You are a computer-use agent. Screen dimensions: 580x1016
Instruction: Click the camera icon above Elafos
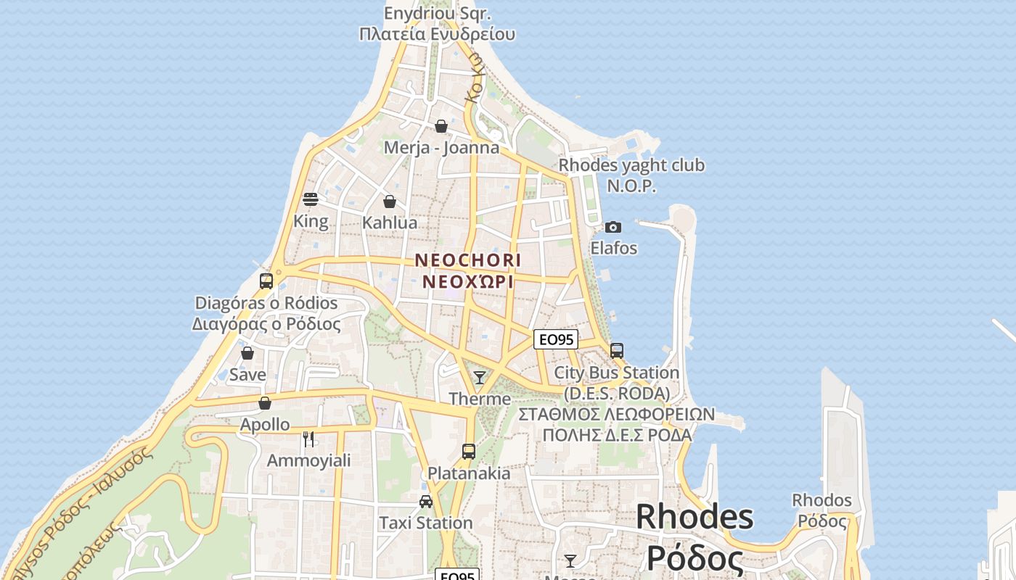(x=613, y=228)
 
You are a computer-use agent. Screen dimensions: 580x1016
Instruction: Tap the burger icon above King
(x=311, y=199)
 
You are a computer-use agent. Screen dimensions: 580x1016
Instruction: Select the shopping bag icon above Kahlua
(x=390, y=202)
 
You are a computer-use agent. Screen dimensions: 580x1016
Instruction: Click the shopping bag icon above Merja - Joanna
(x=441, y=127)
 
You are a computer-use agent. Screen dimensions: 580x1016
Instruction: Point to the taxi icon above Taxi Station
(x=426, y=502)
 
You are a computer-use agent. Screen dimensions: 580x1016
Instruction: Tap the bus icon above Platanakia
(x=469, y=452)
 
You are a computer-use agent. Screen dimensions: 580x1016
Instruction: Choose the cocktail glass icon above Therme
(x=479, y=377)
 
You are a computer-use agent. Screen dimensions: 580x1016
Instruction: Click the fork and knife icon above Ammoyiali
(x=308, y=439)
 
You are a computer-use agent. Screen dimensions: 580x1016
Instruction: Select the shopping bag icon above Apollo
(x=265, y=403)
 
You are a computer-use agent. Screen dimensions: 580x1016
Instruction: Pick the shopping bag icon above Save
(x=247, y=353)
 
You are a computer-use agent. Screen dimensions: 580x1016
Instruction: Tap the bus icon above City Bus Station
(x=617, y=351)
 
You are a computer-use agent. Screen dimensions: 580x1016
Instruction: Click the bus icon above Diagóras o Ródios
(x=266, y=281)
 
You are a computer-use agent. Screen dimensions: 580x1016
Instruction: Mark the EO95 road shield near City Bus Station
(x=555, y=339)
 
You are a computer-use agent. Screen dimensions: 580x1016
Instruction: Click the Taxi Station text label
(x=426, y=523)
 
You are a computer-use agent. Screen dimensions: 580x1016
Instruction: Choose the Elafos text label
(x=613, y=248)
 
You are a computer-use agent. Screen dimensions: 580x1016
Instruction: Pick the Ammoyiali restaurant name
(x=308, y=460)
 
